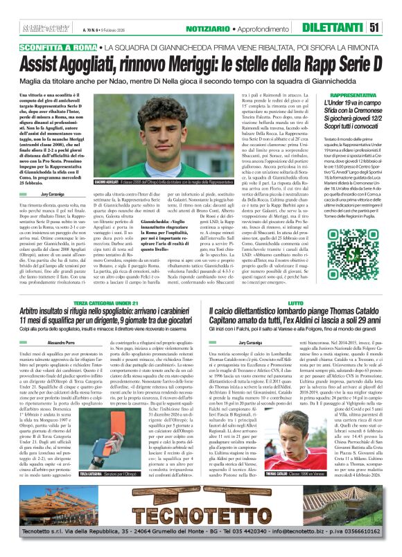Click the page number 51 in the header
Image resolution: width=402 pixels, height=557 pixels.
tap(393, 27)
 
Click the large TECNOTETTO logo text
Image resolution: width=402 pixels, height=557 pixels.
tap(200, 513)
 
